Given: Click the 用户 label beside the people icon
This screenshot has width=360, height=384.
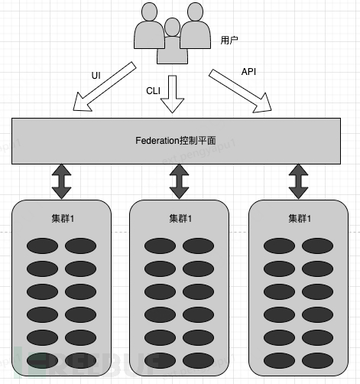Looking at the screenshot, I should coord(229,39).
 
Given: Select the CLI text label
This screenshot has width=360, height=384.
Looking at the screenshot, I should coord(154,90).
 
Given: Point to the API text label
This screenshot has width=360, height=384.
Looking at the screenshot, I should coord(248,71).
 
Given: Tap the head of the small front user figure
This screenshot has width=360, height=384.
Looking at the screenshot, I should coord(173,28).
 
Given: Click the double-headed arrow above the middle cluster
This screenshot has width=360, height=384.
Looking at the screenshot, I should coord(179,181).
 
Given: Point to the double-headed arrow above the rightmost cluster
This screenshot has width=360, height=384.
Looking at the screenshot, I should coord(297,181).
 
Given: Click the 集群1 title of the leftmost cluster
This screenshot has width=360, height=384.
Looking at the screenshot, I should coord(61,218).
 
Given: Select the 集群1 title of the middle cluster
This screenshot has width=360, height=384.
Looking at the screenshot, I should coord(180,218).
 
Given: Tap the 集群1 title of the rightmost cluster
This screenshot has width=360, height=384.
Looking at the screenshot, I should coord(298,218).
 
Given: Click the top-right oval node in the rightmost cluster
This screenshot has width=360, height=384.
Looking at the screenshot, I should coord(316,246).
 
